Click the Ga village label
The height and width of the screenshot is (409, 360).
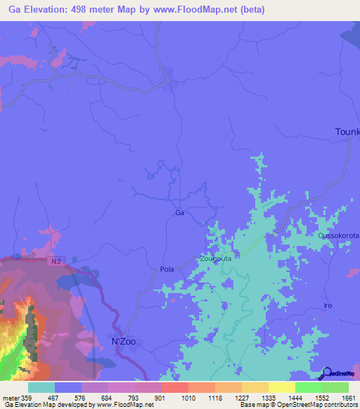tap(179, 212)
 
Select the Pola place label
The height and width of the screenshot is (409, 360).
tap(167, 269)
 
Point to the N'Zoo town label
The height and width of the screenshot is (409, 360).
tap(124, 342)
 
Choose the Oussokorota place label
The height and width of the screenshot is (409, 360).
tap(338, 236)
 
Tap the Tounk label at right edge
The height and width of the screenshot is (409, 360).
tap(347, 132)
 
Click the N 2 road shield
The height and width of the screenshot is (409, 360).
tap(57, 261)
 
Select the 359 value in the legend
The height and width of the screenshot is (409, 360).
tap(28, 398)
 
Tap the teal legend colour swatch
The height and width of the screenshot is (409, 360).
tap(41, 387)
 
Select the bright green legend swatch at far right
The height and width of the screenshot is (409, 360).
tap(335, 387)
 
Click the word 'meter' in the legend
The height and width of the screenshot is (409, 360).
tap(11, 398)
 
